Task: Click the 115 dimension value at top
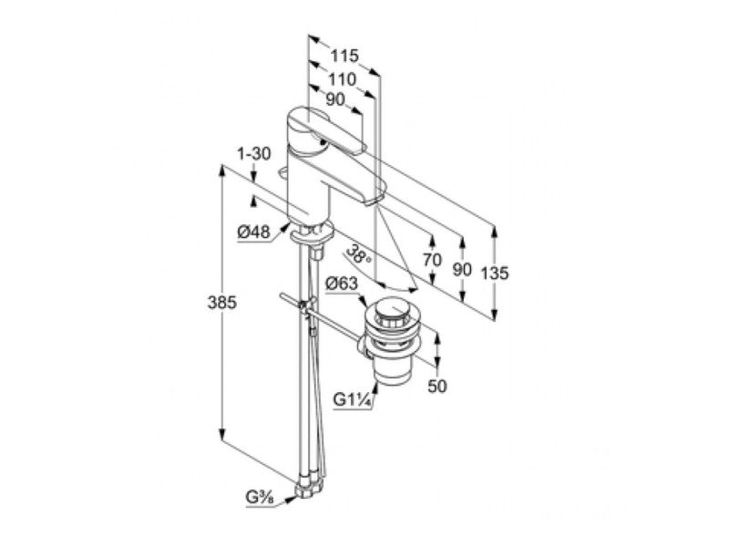[x=344, y=56]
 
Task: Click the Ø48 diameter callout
[x=252, y=232]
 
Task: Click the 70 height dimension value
[x=433, y=259]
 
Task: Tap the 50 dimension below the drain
[x=438, y=386]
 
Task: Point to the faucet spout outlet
[x=376, y=199]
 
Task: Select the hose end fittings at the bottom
[x=308, y=490]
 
